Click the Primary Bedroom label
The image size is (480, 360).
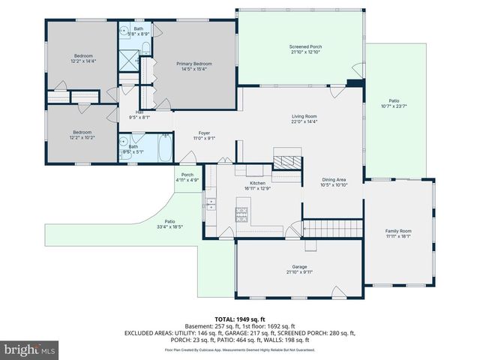point(194,64)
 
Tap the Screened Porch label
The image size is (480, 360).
point(305,47)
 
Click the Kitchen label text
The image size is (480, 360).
point(258,183)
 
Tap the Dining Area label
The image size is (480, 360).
point(334,180)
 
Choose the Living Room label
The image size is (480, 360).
point(305,116)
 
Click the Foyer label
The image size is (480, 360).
point(204,133)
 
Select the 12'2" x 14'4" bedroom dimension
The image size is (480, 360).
point(83,61)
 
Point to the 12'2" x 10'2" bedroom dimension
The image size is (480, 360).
point(83,138)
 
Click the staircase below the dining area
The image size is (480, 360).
point(337,226)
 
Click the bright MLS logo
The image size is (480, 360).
point(30,349)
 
